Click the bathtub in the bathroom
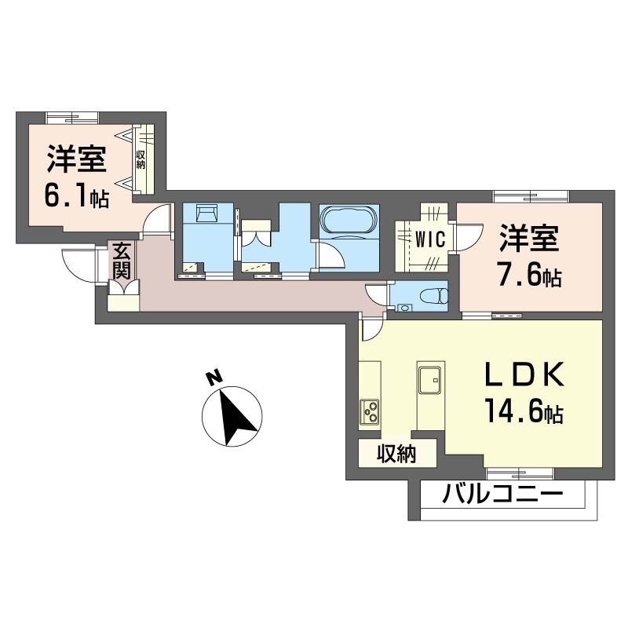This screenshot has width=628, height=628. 349,219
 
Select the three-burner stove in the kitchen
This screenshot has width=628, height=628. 369,413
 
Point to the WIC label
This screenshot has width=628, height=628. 430,240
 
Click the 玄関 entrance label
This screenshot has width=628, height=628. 122,261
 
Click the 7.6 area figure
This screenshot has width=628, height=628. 529,276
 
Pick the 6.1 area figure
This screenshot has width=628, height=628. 77,196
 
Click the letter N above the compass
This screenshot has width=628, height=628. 214,378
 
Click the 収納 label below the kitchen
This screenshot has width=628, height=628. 396,455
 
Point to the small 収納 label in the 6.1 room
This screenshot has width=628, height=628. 141,159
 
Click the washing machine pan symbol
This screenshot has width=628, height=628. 207,212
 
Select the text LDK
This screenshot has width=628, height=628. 525,375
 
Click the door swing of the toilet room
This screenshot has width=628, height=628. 377,294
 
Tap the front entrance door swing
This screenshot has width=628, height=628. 79,265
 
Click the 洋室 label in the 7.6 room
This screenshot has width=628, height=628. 528,239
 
